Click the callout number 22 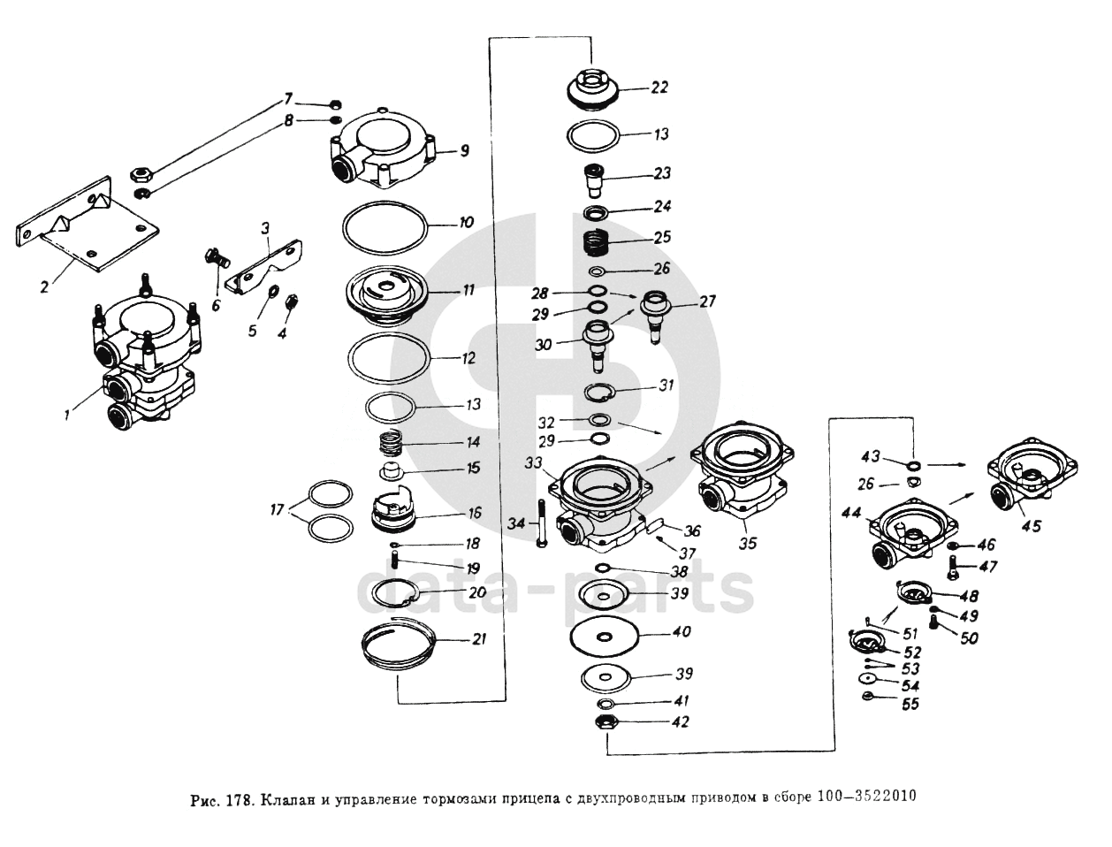coord(659,88)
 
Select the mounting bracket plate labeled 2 coord(86,224)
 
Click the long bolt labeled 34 coord(542,523)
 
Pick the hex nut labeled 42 coord(606,723)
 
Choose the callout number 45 coord(1032,526)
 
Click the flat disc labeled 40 coord(605,637)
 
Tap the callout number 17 coord(277,509)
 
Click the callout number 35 coord(747,543)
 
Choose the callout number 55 coord(910,704)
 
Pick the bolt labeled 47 coord(952,568)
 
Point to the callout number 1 coord(66,416)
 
